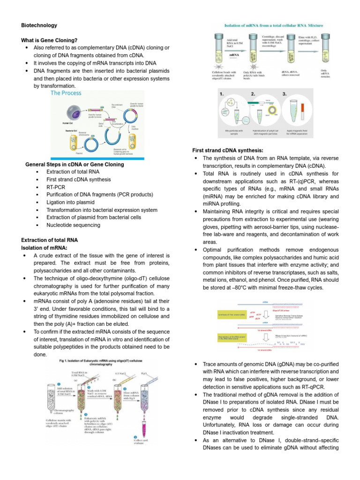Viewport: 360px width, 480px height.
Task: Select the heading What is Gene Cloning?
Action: click(x=49, y=41)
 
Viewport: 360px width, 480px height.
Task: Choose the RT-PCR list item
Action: click(x=56, y=187)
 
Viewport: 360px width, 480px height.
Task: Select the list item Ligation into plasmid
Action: click(x=70, y=202)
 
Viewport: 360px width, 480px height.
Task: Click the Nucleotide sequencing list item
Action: click(x=73, y=225)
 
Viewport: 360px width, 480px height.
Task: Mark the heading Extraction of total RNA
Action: click(x=50, y=240)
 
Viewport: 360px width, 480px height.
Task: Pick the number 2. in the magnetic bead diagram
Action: click(x=254, y=94)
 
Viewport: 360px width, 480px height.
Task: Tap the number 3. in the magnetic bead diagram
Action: click(x=285, y=94)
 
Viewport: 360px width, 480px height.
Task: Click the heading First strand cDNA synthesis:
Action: click(x=228, y=150)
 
